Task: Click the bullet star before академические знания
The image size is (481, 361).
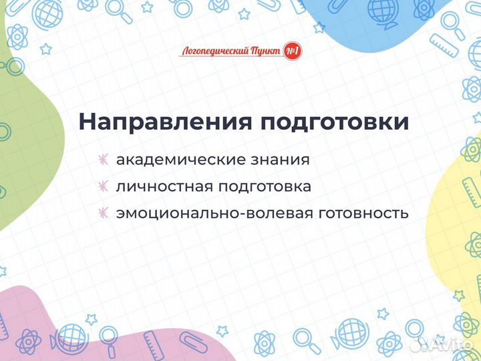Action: tap(103, 160)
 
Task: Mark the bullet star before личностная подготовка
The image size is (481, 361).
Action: tap(103, 187)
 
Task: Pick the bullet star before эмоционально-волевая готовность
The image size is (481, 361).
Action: tap(103, 213)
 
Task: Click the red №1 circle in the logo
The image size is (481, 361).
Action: tap(292, 51)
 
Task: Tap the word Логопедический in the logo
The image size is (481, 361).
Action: tap(214, 51)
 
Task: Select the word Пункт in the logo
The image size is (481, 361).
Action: tap(265, 51)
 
